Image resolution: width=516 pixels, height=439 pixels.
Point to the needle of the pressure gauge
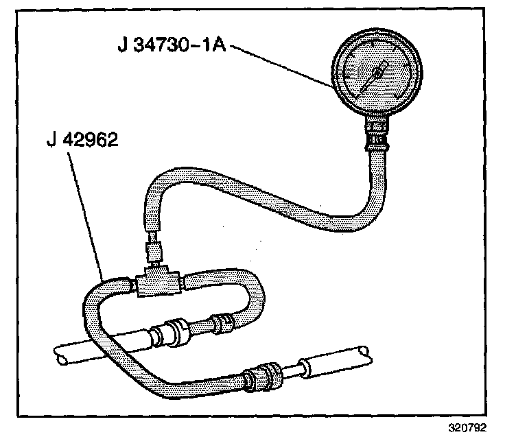[x=370, y=80]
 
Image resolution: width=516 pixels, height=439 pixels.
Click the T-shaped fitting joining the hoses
[x=157, y=282]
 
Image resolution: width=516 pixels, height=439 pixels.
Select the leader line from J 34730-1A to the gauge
[x=281, y=66]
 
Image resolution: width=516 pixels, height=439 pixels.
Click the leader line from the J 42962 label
[x=89, y=213]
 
